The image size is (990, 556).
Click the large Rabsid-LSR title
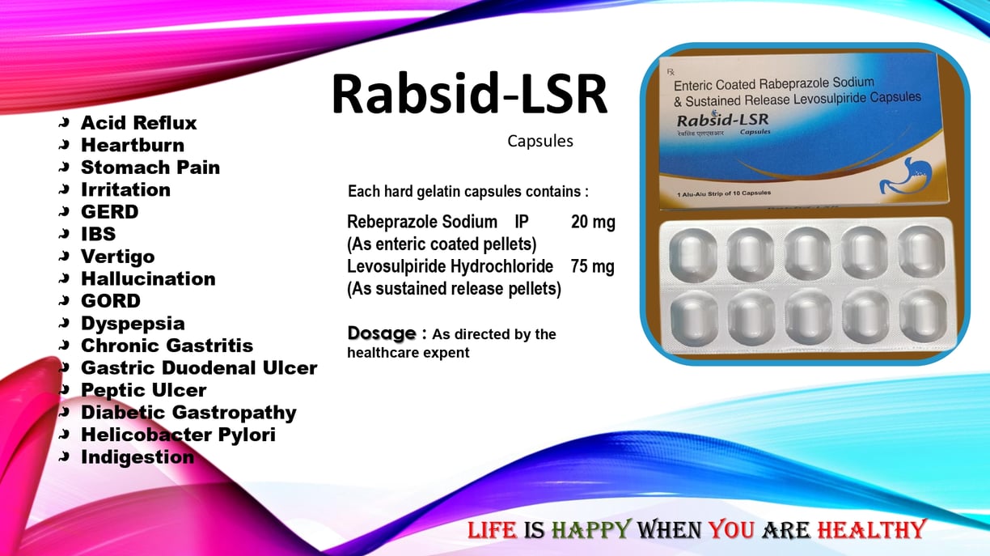tap(469, 94)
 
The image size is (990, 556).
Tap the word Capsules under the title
tap(540, 142)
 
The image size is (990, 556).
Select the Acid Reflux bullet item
tap(139, 123)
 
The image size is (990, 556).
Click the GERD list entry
tap(110, 212)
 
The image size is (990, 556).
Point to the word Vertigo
tap(118, 257)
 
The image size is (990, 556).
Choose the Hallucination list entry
tap(148, 278)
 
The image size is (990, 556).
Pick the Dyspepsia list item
tap(133, 325)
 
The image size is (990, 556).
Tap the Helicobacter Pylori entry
tap(178, 435)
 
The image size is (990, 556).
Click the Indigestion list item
tap(137, 457)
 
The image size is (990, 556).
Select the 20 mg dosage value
tap(593, 222)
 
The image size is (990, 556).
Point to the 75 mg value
tap(592, 266)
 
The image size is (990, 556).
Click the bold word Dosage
tap(382, 333)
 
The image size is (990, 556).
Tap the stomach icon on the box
tap(905, 176)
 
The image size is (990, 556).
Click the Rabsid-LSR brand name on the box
tap(722, 120)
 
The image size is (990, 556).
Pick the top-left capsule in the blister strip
tap(692, 255)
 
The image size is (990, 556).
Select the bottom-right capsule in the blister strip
tap(923, 316)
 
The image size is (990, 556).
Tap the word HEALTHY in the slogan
tap(871, 530)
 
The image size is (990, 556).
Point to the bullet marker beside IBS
tap(64, 233)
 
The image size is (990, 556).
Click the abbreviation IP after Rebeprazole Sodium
tap(522, 222)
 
